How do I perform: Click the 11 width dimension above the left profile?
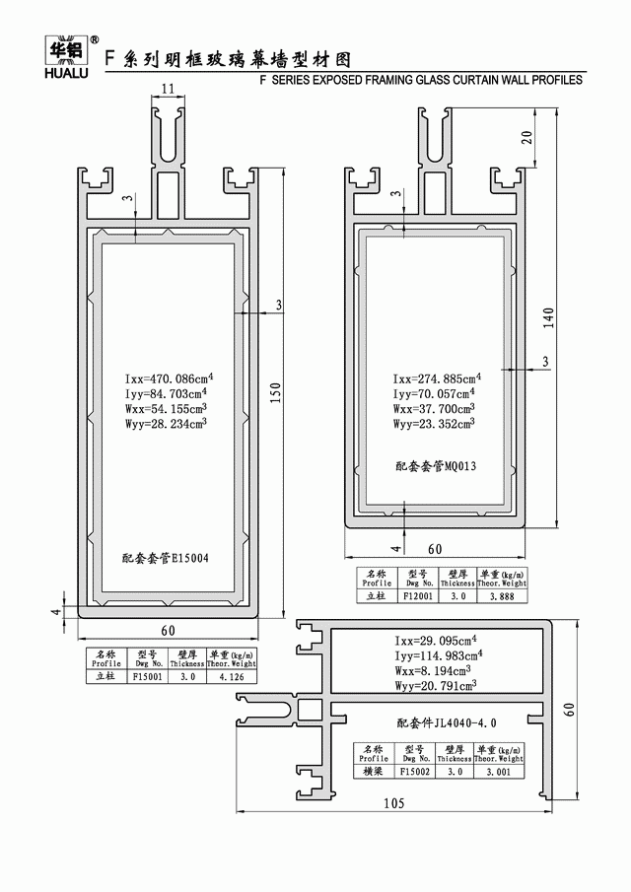168,90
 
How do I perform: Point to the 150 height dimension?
277,391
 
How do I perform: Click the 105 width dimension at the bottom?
393,803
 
